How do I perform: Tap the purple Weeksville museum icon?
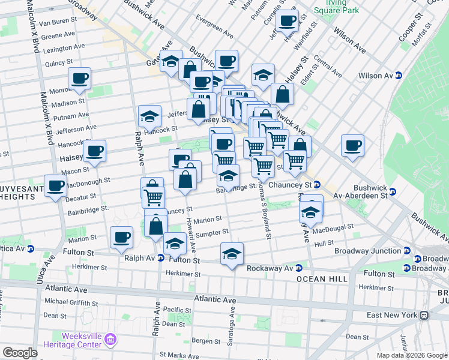tap(110, 341)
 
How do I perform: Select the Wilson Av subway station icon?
tap(398, 76)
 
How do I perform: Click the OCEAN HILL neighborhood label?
tap(319, 279)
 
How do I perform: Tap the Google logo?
tap(20, 352)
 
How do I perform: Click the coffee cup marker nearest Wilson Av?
tap(352, 145)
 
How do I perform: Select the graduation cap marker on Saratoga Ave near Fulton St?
tap(231, 254)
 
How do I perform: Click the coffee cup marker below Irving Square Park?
tap(288, 20)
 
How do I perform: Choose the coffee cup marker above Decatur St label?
tap(56, 185)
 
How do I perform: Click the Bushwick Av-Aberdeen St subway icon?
tap(393, 192)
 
